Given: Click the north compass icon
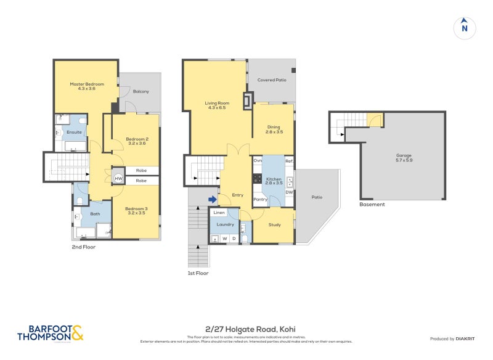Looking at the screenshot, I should pyautogui.click(x=465, y=27).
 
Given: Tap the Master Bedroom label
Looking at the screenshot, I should pyautogui.click(x=86, y=86).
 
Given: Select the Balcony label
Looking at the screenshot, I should pyautogui.click(x=141, y=91).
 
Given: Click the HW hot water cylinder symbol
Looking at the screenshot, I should pyautogui.click(x=118, y=178).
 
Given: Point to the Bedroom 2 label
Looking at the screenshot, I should pyautogui.click(x=137, y=141).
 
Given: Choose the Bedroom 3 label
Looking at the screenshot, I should pyautogui.click(x=136, y=211).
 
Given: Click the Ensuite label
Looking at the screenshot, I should pyautogui.click(x=75, y=132).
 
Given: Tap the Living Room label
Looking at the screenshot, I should pyautogui.click(x=217, y=105).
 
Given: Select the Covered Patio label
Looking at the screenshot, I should pyautogui.click(x=272, y=80).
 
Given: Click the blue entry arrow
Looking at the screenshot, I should pyautogui.click(x=212, y=199).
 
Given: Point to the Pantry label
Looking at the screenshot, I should pyautogui.click(x=260, y=199).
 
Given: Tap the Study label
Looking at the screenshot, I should pyautogui.click(x=274, y=224).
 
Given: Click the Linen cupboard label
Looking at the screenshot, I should pyautogui.click(x=219, y=213).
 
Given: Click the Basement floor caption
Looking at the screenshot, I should pyautogui.click(x=372, y=204).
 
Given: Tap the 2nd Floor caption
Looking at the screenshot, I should pyautogui.click(x=83, y=246).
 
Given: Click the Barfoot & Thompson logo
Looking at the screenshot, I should pyautogui.click(x=50, y=333).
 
